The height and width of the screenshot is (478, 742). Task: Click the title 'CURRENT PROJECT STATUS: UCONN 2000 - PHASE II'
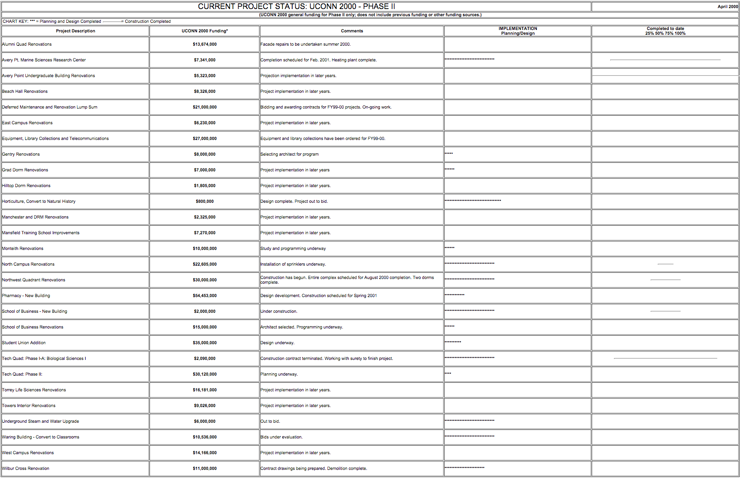[296, 7]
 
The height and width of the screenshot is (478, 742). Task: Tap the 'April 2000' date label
[727, 7]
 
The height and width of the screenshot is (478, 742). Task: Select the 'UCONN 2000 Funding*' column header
[205, 31]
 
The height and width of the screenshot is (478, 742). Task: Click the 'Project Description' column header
[75, 31]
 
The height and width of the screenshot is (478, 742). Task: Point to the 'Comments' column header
[352, 31]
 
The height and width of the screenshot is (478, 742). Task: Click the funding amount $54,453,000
[205, 296]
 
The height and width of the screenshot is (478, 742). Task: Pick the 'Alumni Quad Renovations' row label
[27, 44]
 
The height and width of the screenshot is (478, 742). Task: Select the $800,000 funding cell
[205, 201]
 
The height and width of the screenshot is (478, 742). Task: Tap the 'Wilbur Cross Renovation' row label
[26, 468]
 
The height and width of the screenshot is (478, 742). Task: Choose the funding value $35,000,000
[205, 343]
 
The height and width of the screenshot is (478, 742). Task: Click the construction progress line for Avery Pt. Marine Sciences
[665, 60]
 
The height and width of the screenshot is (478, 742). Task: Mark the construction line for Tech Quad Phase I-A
[665, 358]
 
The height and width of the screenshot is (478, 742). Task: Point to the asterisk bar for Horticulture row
[473, 200]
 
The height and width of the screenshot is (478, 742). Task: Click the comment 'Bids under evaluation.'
[281, 437]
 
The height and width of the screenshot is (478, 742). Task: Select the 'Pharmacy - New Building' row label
[26, 296]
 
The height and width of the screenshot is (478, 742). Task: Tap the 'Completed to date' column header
[665, 31]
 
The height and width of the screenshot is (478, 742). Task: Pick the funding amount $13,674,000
[205, 44]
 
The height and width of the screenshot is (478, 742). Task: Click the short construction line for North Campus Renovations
[665, 264]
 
